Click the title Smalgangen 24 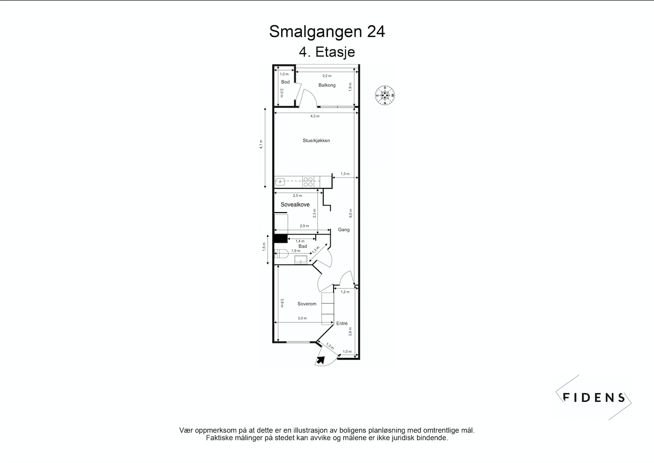tap(327, 32)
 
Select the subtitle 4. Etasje tap(327, 51)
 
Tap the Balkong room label tap(327, 85)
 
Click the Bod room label tap(285, 82)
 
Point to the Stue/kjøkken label tap(316, 140)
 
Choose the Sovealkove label tap(295, 205)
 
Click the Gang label tap(344, 229)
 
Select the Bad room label tap(303, 246)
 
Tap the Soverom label tap(307, 304)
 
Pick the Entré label tap(342, 323)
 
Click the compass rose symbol tap(385, 95)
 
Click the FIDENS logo tap(594, 398)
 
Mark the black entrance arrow tap(321, 360)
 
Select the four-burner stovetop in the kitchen tap(308, 181)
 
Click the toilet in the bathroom tap(281, 254)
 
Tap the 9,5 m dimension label tap(350, 213)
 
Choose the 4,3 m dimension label tap(315, 116)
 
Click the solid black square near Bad tap(280, 239)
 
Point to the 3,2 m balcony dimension tap(327, 76)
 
